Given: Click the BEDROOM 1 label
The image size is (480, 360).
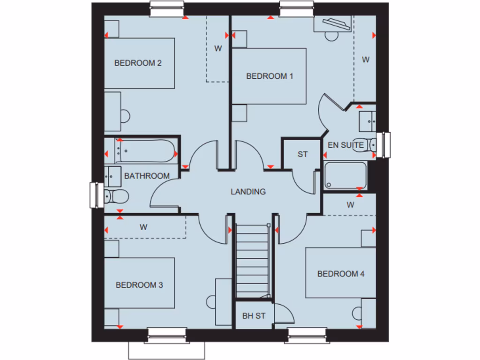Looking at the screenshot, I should click(x=270, y=76).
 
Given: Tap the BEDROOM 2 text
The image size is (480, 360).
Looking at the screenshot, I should click(x=138, y=63).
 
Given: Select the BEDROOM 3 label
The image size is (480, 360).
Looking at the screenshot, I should click(x=139, y=285).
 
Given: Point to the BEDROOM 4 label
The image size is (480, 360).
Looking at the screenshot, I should click(x=341, y=274).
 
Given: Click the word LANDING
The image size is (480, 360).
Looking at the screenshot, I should click(x=248, y=191).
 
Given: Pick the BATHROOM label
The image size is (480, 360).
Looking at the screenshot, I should click(x=147, y=176).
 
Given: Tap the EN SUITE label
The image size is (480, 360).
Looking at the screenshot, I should click(x=345, y=145).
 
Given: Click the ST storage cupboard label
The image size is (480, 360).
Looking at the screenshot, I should click(x=302, y=154).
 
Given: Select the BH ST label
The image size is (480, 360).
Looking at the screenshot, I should click(x=254, y=315).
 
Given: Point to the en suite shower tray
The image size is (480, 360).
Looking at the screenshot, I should click(x=345, y=176).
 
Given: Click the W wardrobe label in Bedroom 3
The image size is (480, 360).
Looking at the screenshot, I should click(x=143, y=227).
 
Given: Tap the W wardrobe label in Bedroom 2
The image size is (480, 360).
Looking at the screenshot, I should click(x=218, y=48).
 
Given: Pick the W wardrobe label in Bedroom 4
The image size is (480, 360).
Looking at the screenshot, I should click(x=350, y=204).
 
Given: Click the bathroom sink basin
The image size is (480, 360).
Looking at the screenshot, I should click(x=112, y=175).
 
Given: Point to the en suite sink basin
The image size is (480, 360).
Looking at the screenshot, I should click(x=367, y=121).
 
